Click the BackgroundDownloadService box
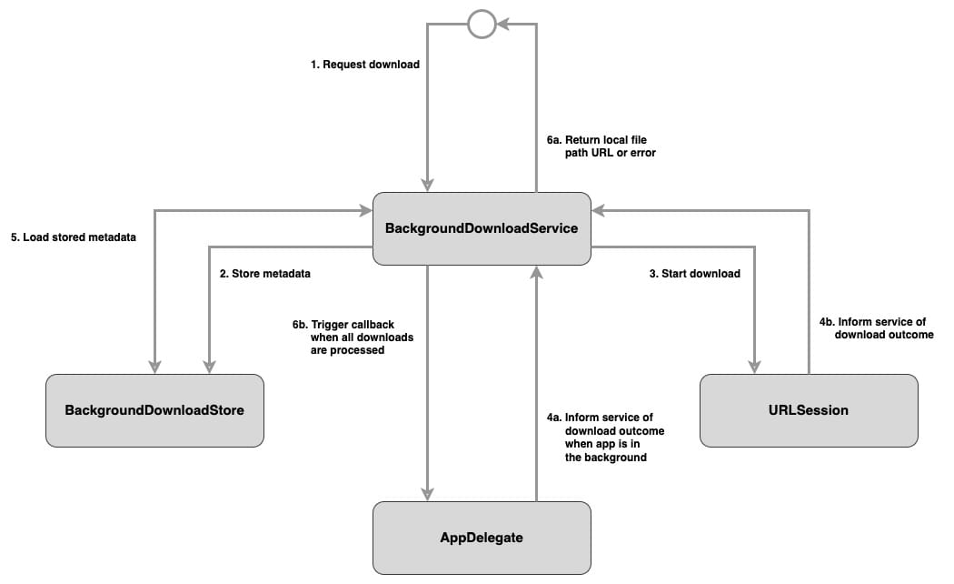(x=482, y=228)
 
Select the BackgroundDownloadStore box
(x=154, y=410)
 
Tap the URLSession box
(x=809, y=410)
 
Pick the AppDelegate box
(x=482, y=538)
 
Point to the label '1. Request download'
(x=364, y=65)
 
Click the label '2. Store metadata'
(x=270, y=273)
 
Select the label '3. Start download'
(x=694, y=273)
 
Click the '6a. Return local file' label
(x=601, y=140)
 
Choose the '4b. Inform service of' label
(x=871, y=321)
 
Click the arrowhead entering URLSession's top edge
(x=754, y=366)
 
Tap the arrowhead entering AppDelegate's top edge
(x=427, y=493)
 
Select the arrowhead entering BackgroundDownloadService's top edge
(x=427, y=185)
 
